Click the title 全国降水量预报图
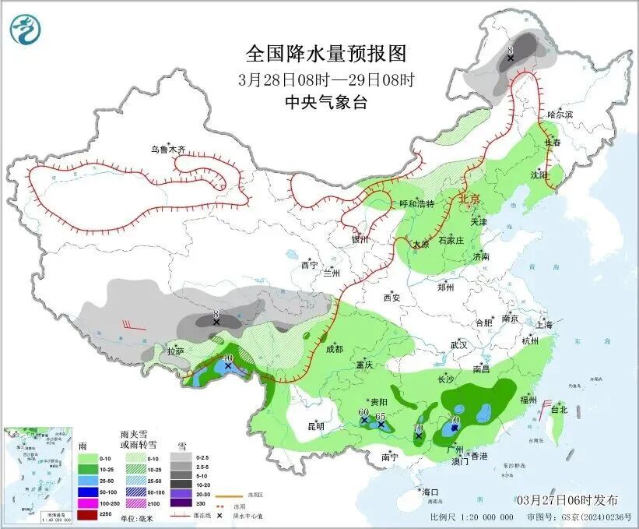click(326, 53)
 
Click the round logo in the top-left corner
click(26, 29)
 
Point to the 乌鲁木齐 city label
click(170, 149)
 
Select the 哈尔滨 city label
click(559, 115)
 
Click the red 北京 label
click(470, 199)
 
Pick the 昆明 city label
click(315, 426)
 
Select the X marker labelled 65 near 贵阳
click(381, 425)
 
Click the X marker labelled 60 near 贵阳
click(364, 421)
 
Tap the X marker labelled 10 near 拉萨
click(228, 365)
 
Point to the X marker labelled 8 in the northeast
click(511, 58)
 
